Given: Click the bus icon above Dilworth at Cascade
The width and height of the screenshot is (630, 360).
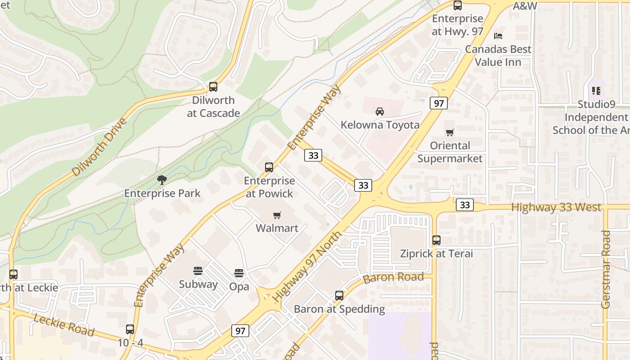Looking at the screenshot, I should [x=213, y=87].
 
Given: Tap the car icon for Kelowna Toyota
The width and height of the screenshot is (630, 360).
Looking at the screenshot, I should [x=380, y=111].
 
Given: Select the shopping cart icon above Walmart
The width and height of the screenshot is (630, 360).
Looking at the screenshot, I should [x=277, y=215].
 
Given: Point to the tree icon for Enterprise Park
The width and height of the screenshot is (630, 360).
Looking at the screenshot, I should [x=162, y=180].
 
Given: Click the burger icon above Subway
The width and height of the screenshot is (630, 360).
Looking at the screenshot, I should [x=198, y=271].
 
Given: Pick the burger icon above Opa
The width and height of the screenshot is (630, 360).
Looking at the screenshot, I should [x=239, y=273].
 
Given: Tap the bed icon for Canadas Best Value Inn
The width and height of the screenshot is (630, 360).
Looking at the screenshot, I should [x=498, y=36].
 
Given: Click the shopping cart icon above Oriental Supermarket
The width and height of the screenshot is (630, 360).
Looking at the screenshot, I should [x=450, y=132].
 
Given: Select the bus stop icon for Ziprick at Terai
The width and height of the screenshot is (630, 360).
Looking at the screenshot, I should [x=436, y=240].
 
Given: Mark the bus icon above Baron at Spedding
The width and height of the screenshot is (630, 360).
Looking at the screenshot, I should [x=339, y=296].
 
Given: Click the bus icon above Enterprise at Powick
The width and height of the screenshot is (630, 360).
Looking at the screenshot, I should [x=269, y=167].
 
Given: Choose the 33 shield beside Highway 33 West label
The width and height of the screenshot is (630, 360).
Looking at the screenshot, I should [x=465, y=205].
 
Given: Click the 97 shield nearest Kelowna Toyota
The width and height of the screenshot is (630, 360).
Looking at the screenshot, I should [x=438, y=103].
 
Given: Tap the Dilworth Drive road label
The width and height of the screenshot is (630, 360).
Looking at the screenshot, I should [x=99, y=147].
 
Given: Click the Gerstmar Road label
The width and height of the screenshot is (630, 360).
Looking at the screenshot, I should [x=606, y=269].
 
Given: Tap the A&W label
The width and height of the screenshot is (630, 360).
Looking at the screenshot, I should [x=525, y=6].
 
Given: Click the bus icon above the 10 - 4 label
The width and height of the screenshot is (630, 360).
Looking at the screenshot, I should [x=130, y=329].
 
